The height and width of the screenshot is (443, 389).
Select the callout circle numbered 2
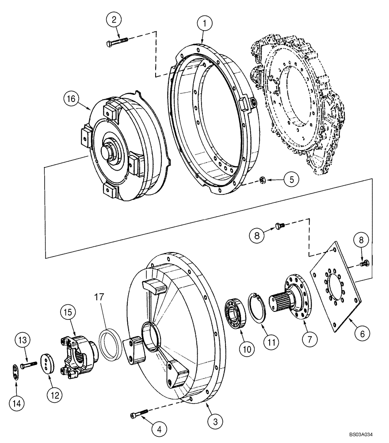[x=114, y=20]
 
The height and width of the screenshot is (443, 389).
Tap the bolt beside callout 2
[x=117, y=43]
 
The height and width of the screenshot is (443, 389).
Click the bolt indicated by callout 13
[x=28, y=364]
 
